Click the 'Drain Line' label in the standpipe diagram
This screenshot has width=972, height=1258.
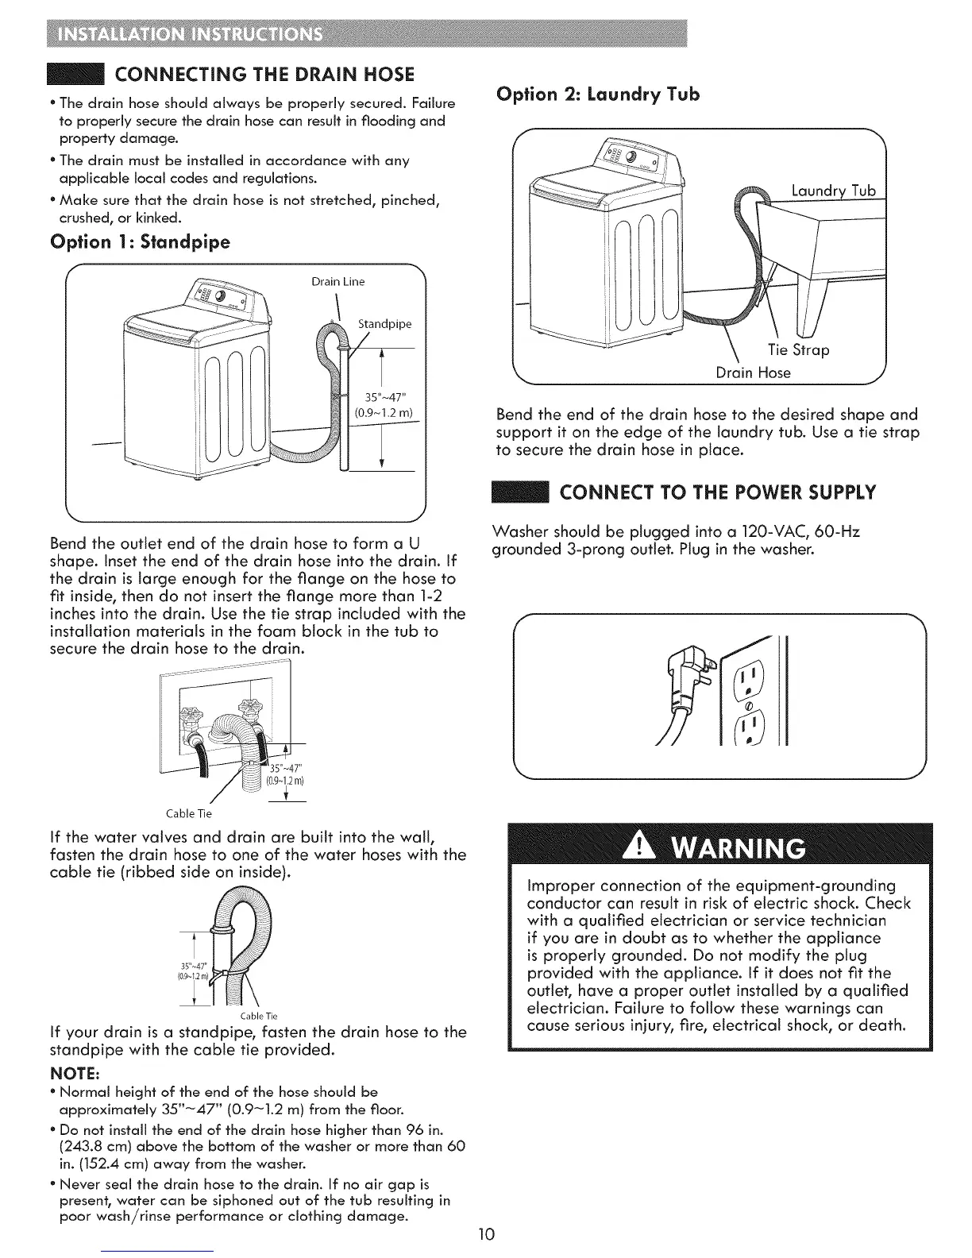tap(337, 281)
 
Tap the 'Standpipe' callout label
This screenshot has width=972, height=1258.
tap(385, 324)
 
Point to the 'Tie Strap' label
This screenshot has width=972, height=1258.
tap(798, 350)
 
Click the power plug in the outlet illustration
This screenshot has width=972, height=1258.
tap(687, 663)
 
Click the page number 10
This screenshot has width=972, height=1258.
tap(486, 1233)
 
